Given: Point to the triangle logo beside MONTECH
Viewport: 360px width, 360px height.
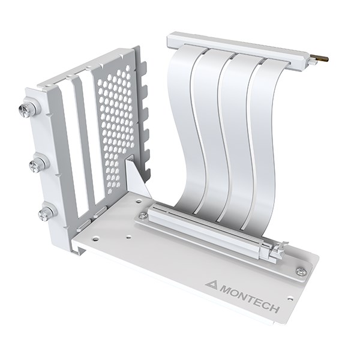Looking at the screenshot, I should pyautogui.click(x=211, y=284).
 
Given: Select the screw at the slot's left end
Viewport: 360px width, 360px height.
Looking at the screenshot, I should pyautogui.click(x=142, y=215).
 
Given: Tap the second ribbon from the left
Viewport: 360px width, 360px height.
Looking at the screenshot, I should pyautogui.click(x=207, y=132).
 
